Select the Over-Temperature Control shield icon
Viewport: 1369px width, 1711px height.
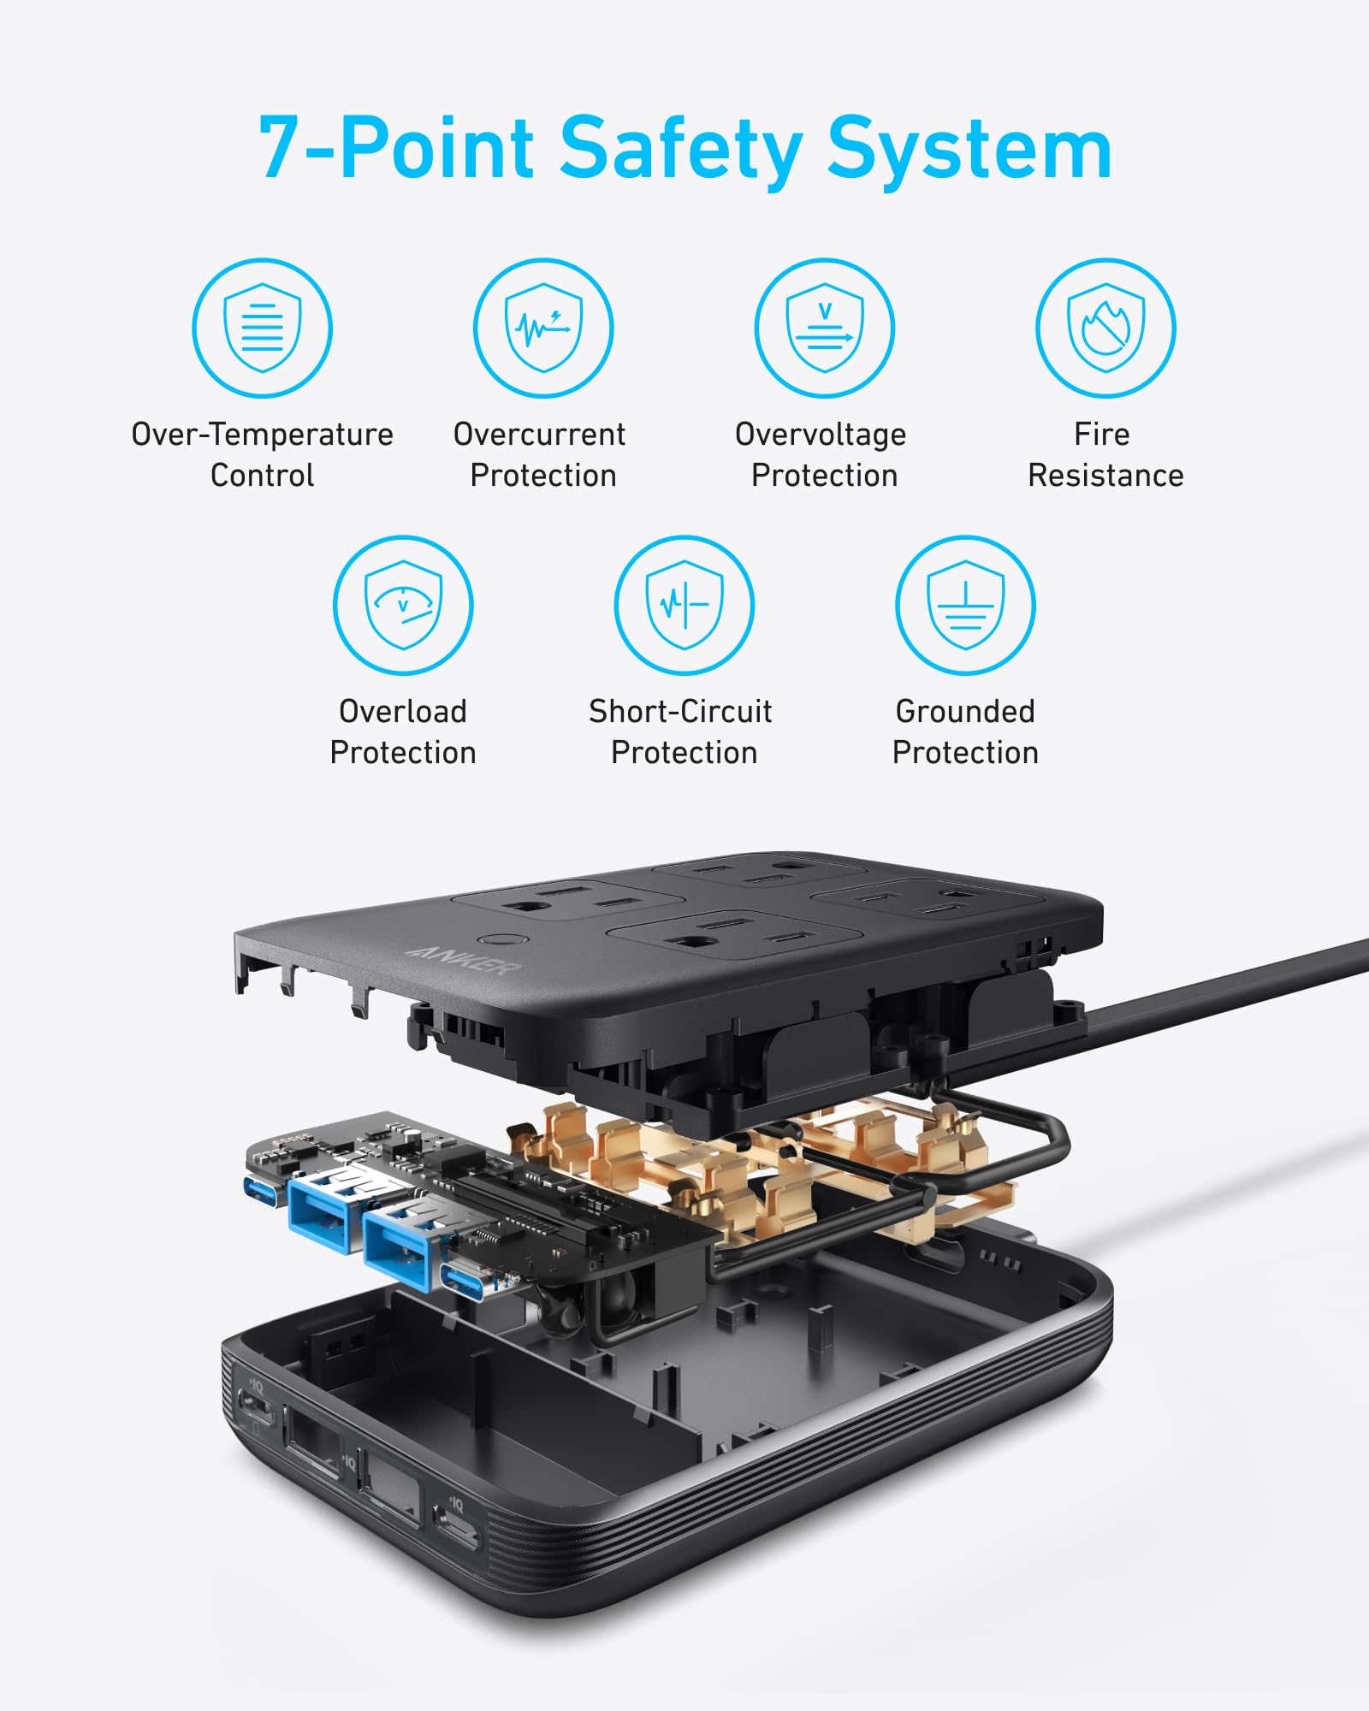pos(262,328)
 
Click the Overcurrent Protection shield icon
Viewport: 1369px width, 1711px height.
pos(543,328)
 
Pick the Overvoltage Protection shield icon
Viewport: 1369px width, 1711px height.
pos(825,328)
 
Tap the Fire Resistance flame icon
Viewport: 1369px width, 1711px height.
pos(1105,328)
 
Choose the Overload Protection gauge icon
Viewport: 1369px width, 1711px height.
pos(403,605)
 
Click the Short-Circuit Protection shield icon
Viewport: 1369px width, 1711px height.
pos(684,605)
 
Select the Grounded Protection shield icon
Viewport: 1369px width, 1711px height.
pos(965,605)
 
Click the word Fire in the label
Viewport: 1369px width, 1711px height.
pos(1101,435)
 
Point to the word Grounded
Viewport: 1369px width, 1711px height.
pos(965,712)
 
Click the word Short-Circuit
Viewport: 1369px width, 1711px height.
pos(680,712)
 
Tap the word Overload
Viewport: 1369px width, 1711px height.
pos(403,712)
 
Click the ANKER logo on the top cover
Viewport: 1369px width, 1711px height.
pos(463,961)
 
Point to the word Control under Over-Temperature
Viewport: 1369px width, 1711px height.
pos(262,476)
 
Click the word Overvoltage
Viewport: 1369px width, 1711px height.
pos(821,435)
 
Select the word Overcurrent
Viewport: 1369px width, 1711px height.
pos(539,435)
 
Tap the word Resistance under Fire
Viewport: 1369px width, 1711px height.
pos(1105,476)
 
